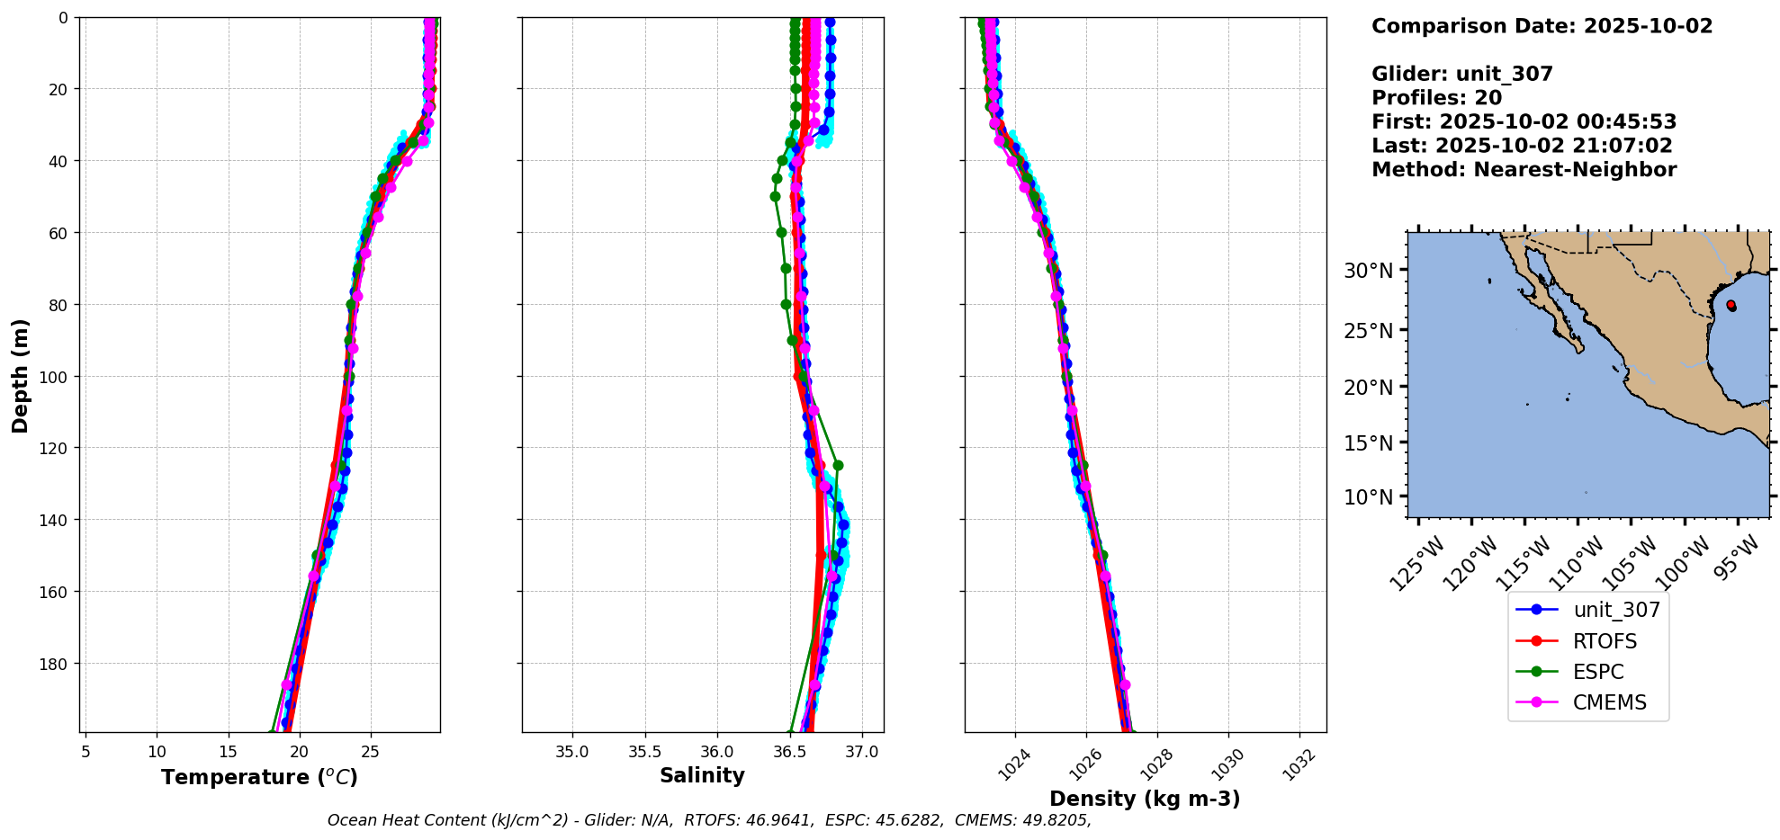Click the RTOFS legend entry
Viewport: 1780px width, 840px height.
point(1604,641)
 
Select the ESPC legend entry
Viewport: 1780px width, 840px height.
point(1597,672)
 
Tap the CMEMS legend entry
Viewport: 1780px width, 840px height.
point(1609,702)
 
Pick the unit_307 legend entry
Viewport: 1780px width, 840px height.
point(1616,610)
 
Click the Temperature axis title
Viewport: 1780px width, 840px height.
point(259,777)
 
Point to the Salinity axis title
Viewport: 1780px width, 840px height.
point(702,775)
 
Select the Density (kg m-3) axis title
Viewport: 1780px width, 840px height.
point(1145,799)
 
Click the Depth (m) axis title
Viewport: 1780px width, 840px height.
point(20,375)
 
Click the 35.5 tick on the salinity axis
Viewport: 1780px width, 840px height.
point(644,751)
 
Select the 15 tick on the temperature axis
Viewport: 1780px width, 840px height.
point(228,751)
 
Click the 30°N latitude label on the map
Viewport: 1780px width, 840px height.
point(1368,271)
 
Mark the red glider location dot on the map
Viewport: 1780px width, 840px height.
point(1731,305)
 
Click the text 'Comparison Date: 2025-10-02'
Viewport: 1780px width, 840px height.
point(1542,26)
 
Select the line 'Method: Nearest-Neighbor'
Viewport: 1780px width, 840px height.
point(1524,170)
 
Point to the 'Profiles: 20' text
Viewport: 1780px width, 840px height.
point(1436,98)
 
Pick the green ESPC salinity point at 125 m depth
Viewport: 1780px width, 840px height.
point(838,465)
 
